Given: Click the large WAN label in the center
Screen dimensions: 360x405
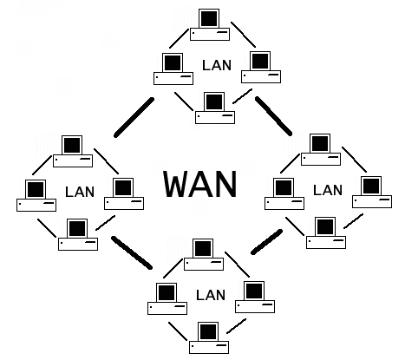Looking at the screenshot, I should (200, 184).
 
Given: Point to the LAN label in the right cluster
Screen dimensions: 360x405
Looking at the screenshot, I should (327, 189).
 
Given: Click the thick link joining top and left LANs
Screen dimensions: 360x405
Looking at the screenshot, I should (134, 118).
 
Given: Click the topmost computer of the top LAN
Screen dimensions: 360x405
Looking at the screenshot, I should (208, 24).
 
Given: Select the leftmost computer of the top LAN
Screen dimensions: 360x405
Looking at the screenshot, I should (172, 69).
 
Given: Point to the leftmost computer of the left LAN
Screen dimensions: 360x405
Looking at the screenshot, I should (36, 196).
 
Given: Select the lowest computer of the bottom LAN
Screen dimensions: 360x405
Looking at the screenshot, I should (208, 338).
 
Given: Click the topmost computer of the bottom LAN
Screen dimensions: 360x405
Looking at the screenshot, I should (204, 255).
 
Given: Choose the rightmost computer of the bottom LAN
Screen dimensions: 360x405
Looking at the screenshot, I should (254, 298).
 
